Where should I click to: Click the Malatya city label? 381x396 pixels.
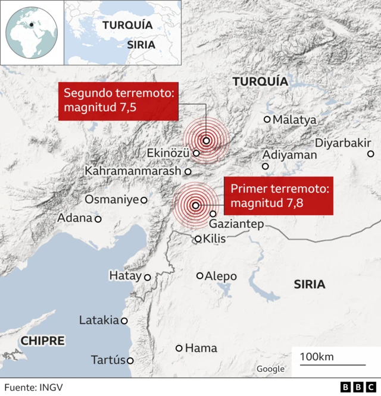(x=295, y=120)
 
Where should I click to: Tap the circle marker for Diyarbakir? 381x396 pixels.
(x=371, y=154)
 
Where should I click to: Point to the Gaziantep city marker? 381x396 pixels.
(x=213, y=213)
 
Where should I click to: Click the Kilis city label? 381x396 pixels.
(x=216, y=239)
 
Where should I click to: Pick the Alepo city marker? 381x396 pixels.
(x=200, y=276)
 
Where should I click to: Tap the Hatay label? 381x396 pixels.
(x=125, y=276)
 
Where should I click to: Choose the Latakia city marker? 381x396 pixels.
(x=124, y=320)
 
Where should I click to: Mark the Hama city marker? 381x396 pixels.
(x=179, y=348)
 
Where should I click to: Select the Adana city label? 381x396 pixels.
(x=75, y=218)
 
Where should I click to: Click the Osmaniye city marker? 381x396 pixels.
(x=143, y=200)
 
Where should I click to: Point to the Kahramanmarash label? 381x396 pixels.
(x=133, y=171)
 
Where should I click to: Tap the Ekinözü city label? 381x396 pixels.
(x=168, y=153)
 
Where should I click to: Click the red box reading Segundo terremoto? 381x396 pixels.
(x=118, y=100)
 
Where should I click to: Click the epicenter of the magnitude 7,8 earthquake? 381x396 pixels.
(x=195, y=206)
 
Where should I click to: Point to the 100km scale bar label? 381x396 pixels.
(x=317, y=356)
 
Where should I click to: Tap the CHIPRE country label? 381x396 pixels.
(x=43, y=341)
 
